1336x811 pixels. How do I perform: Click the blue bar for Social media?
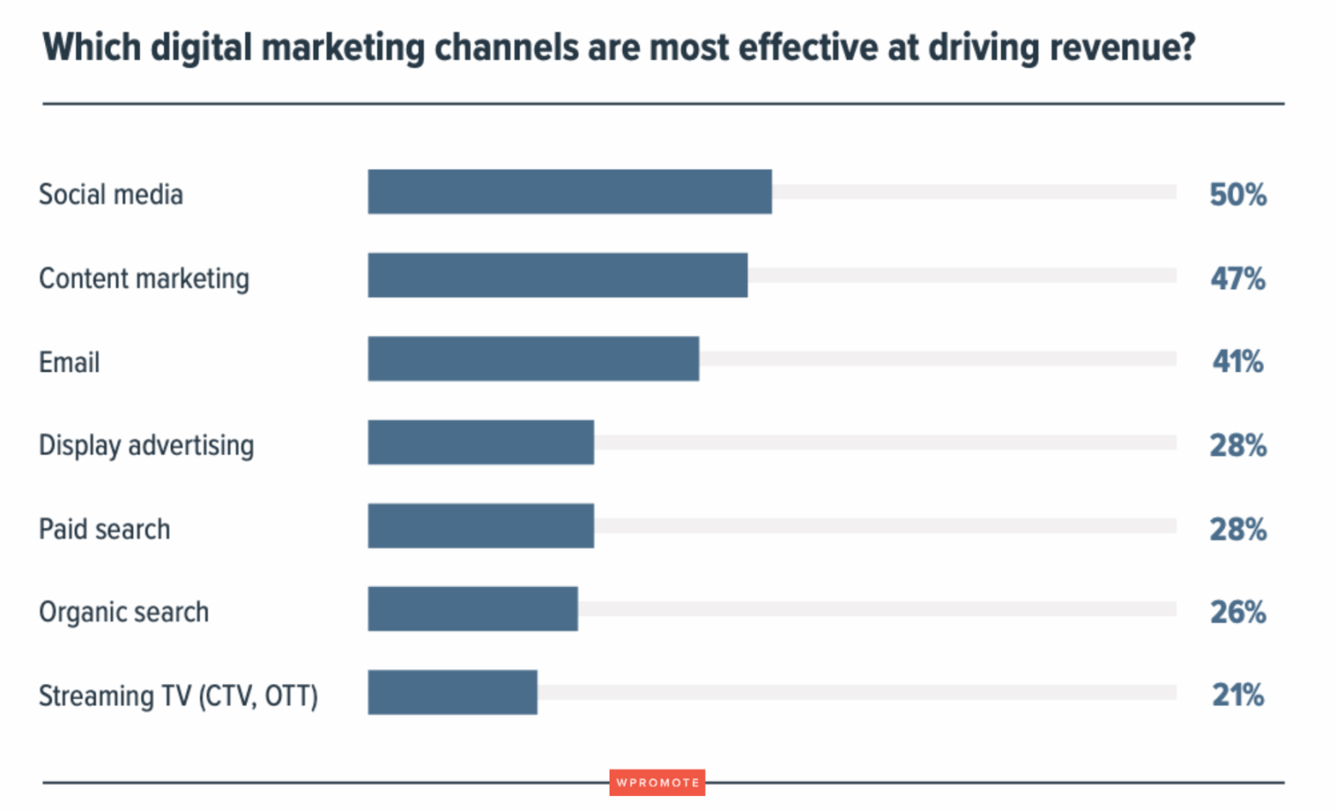[x=569, y=192]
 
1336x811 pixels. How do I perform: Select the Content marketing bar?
[x=558, y=276]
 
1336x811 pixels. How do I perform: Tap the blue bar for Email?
[x=534, y=359]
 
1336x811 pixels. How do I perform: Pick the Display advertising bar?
[x=481, y=443]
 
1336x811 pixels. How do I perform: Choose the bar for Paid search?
[x=481, y=526]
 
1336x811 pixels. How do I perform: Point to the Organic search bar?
[x=473, y=609]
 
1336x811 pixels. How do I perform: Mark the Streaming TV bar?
[x=453, y=692]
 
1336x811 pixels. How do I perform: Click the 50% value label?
[x=1237, y=195]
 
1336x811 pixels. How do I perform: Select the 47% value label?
[x=1237, y=278]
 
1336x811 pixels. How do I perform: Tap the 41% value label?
[x=1237, y=362]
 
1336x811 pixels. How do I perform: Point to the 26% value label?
[x=1237, y=612]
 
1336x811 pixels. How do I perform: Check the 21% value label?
[x=1237, y=695]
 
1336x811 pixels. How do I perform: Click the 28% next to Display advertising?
[x=1237, y=445]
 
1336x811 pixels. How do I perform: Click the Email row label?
[x=69, y=362]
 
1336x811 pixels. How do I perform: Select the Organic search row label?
[x=124, y=612]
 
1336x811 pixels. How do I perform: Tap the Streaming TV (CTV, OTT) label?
[x=178, y=696]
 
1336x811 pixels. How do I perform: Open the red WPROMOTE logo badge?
[x=657, y=783]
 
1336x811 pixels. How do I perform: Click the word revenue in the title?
[x=1121, y=48]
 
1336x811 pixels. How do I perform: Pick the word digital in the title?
[x=200, y=48]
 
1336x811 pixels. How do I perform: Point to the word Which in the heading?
[x=92, y=48]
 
